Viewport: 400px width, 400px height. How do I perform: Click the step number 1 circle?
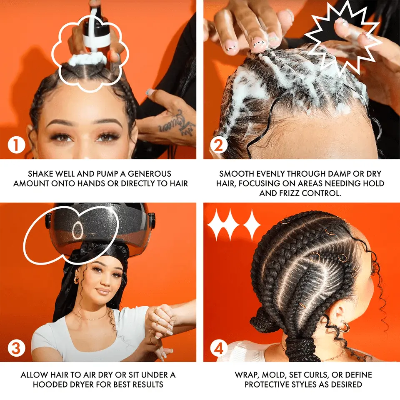(17, 145)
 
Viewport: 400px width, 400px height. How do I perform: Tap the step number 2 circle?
(219, 145)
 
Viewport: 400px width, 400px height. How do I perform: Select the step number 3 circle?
(17, 348)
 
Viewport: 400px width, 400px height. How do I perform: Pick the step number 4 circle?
(219, 348)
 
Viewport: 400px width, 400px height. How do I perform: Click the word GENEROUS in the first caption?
(149, 174)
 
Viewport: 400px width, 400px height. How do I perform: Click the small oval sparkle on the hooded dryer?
(77, 230)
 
